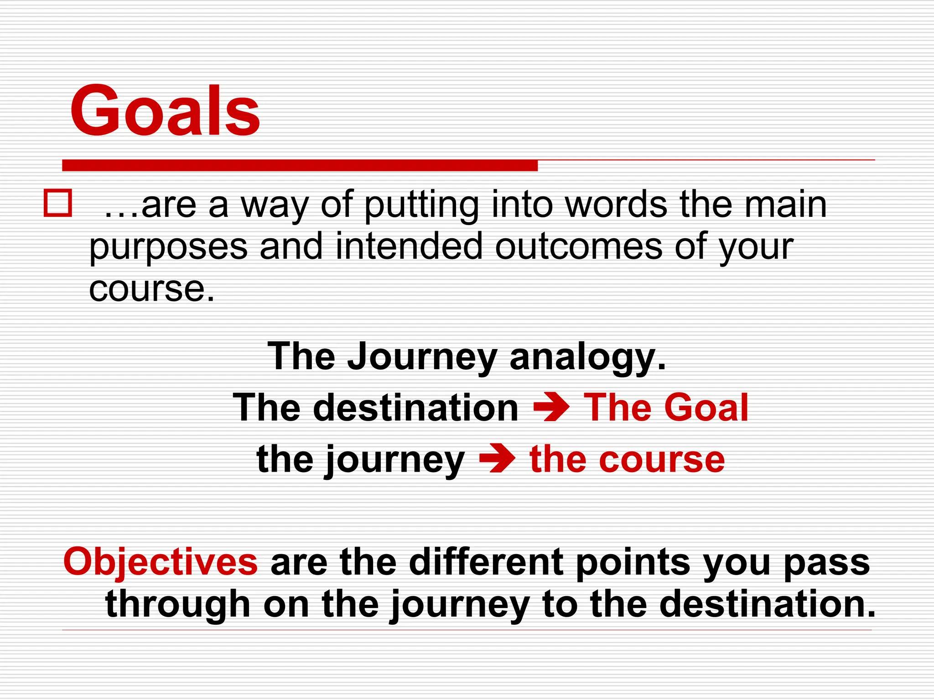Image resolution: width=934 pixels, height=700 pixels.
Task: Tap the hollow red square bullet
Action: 57,203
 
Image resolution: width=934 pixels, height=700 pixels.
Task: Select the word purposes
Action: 168,247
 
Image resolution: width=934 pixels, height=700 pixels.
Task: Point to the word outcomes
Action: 578,247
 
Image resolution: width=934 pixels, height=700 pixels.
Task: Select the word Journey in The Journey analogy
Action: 422,357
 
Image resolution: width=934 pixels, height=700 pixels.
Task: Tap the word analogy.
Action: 587,357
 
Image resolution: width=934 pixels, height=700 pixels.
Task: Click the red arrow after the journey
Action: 497,459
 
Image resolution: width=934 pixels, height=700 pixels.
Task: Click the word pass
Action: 826,561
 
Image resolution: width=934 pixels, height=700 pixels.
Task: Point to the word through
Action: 178,604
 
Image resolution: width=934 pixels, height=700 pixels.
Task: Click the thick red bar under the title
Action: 300,165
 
